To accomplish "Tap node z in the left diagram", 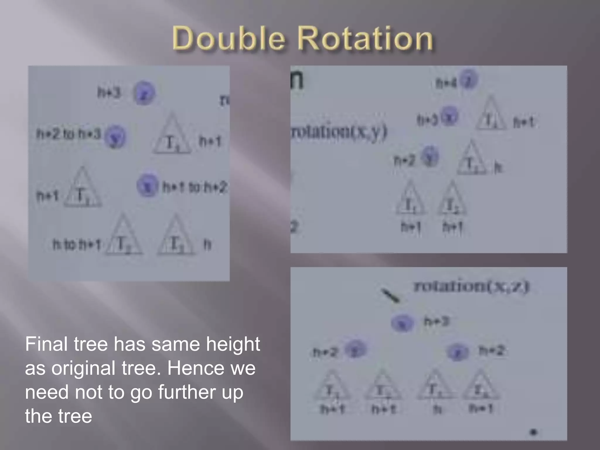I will click(144, 93).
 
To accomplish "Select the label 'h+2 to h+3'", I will click(69, 134).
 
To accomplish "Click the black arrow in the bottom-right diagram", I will click(390, 296).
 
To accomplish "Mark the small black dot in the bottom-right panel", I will click(533, 432).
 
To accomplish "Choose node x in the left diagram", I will click(147, 185).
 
